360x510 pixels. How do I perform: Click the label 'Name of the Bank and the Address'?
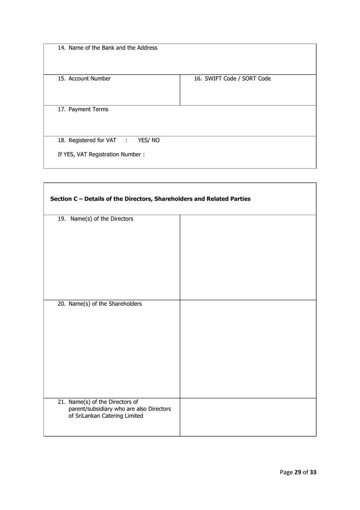point(113,48)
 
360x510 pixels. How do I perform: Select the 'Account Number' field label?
point(90,79)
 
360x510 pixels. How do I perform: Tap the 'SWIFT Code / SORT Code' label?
point(238,79)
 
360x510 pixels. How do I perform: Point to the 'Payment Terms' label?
point(88,110)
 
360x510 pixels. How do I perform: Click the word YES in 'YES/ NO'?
point(143,140)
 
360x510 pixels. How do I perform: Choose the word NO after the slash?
point(155,140)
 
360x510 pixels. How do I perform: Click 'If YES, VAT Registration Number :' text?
point(101,154)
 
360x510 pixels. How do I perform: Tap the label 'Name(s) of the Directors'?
point(102,219)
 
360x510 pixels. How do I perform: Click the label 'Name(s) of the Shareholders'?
point(105,304)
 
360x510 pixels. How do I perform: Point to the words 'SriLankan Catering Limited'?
point(106,416)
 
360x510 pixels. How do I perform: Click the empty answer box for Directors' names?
point(247,257)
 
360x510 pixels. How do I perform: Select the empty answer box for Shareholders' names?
point(247,349)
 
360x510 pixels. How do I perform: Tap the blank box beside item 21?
point(247,417)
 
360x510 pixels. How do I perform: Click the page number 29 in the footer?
point(298,473)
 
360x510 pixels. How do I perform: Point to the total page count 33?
point(313,473)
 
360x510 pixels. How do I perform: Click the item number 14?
point(61,48)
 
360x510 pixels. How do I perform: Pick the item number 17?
point(61,110)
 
